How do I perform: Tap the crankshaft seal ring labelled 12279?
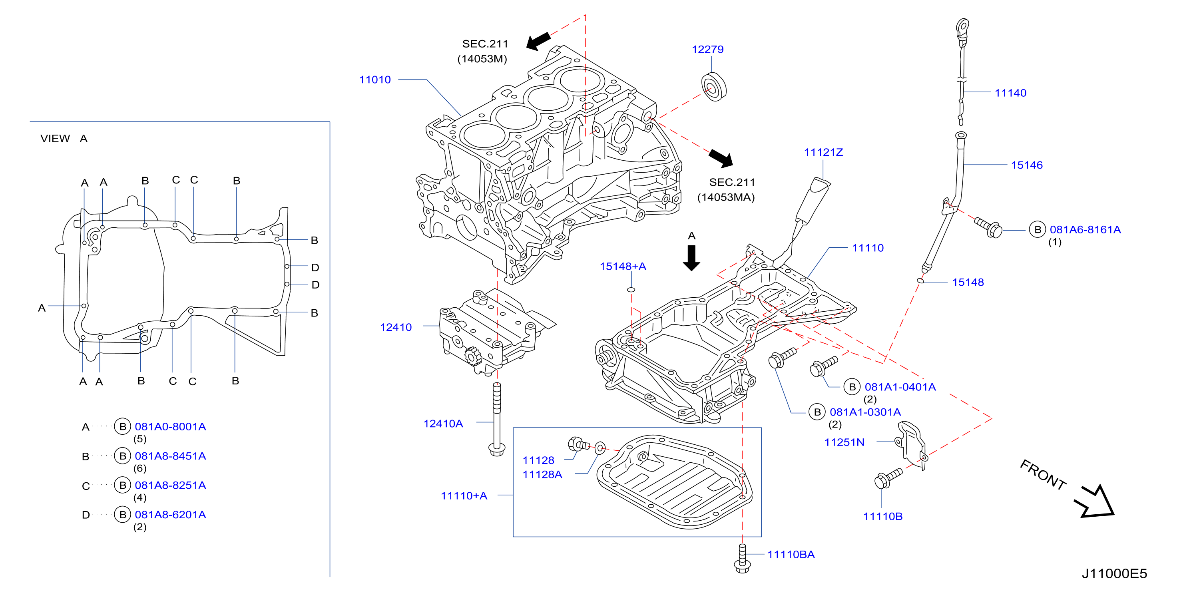pos(714,87)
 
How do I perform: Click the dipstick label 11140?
pos(1010,93)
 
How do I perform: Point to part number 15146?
pos(1026,165)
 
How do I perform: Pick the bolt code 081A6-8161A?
pos(1085,230)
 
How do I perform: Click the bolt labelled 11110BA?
pos(742,559)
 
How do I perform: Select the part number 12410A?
pos(443,424)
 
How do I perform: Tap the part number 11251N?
pos(844,442)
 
